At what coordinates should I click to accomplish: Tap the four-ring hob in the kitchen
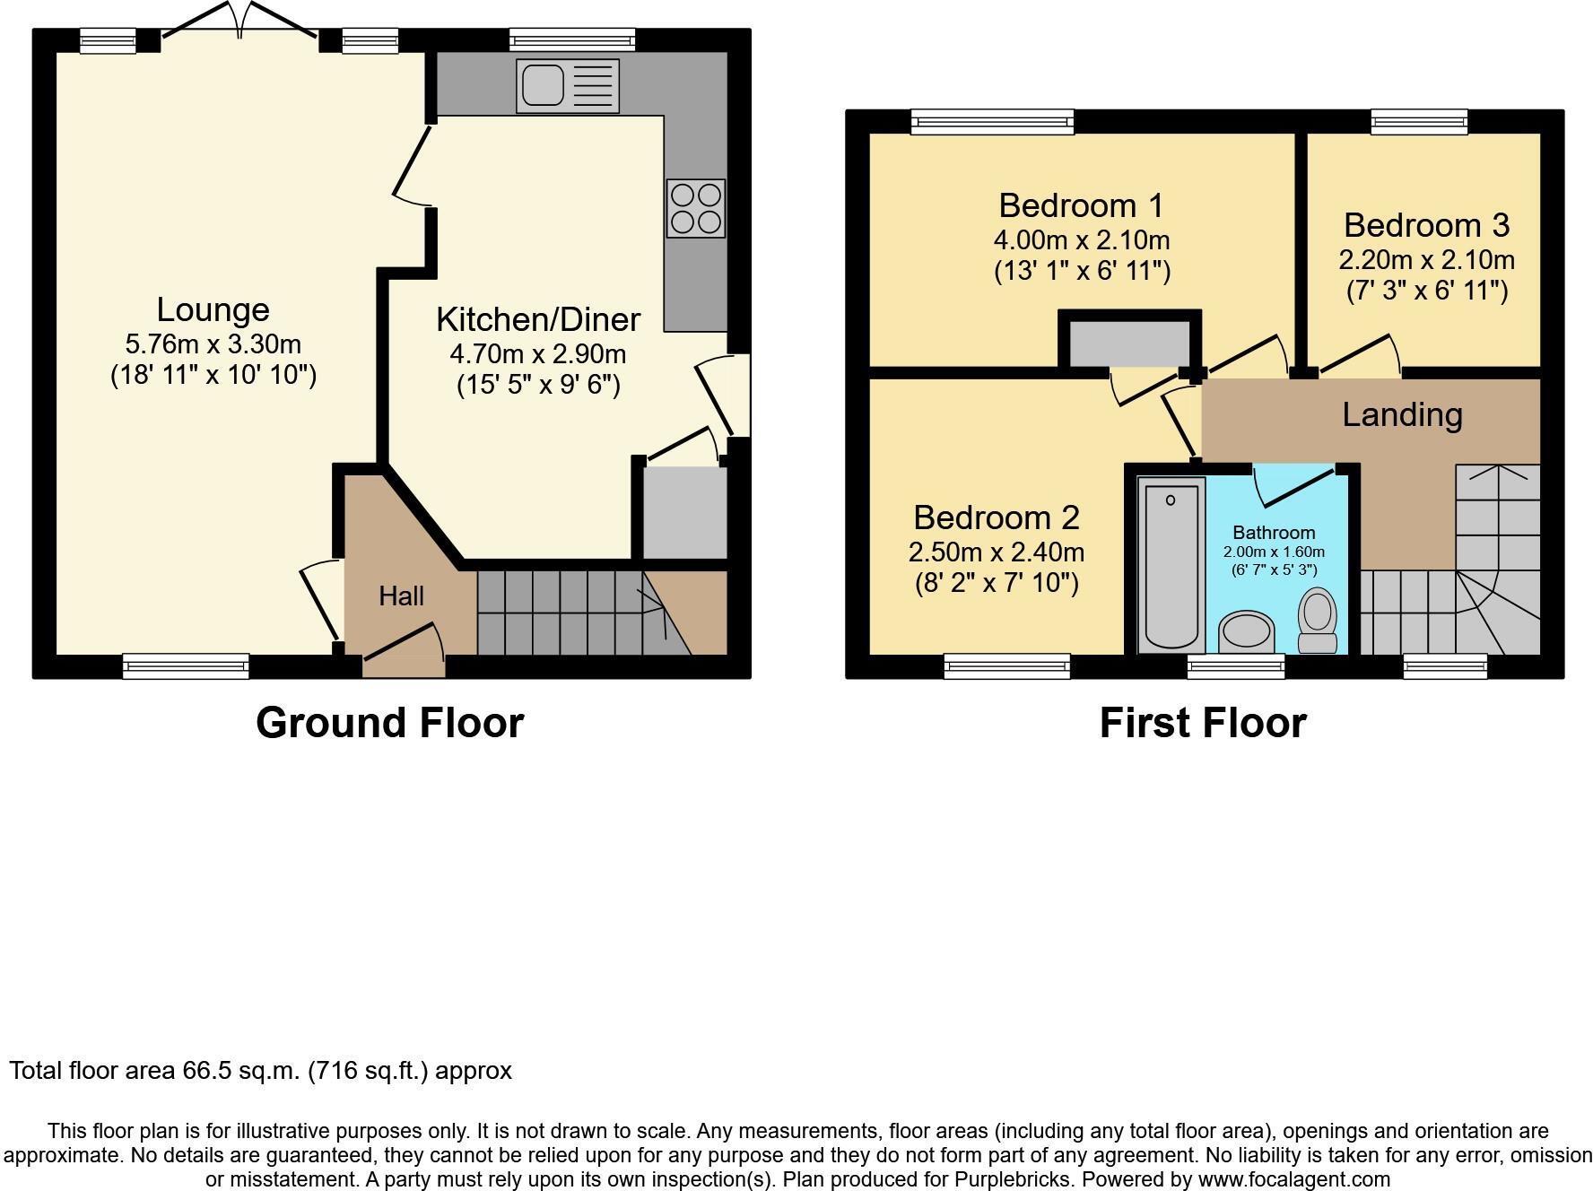point(695,209)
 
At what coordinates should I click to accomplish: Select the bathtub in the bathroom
point(1171,565)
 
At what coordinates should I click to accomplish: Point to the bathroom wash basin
point(1247,632)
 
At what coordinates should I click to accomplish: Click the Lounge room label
point(213,309)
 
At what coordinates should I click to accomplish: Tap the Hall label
point(401,595)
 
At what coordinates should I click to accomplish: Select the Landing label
point(1402,414)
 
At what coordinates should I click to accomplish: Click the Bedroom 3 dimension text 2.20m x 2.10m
point(1426,260)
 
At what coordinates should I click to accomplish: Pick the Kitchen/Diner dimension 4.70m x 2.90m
point(537,353)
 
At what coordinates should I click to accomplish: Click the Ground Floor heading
point(389,723)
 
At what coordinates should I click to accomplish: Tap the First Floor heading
point(1202,723)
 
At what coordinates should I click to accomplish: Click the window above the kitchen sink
point(571,39)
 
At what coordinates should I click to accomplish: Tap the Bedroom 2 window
point(1006,665)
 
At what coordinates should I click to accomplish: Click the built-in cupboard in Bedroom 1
point(1129,344)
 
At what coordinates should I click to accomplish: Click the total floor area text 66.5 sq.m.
point(260,1070)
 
